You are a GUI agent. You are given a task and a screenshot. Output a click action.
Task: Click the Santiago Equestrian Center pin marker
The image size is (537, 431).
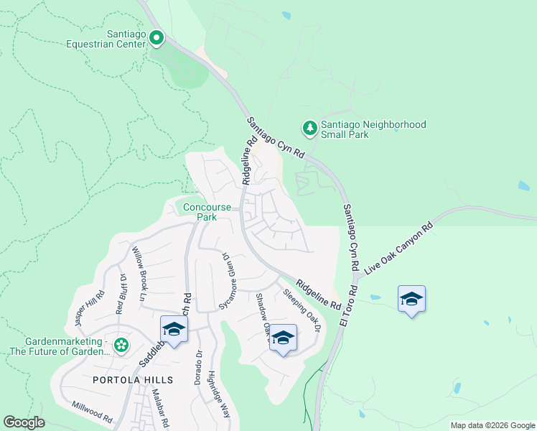coord(156,37)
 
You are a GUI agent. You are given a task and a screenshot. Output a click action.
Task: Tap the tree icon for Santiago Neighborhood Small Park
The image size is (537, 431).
coord(309,129)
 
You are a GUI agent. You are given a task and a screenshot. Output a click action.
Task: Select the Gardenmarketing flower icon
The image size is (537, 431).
coord(121,346)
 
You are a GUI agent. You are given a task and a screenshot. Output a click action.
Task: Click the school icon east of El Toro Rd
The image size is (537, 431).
coord(411,299)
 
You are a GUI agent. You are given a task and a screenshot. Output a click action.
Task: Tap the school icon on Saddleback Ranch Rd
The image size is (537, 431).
coord(174,329)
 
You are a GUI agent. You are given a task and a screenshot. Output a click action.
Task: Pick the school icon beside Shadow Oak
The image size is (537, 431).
coord(283,338)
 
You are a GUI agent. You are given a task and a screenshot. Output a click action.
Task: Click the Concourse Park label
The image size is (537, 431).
coord(207,212)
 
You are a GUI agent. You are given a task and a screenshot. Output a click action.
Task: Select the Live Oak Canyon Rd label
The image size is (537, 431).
coord(400,249)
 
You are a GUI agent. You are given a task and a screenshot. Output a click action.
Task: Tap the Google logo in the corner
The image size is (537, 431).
coord(24,422)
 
